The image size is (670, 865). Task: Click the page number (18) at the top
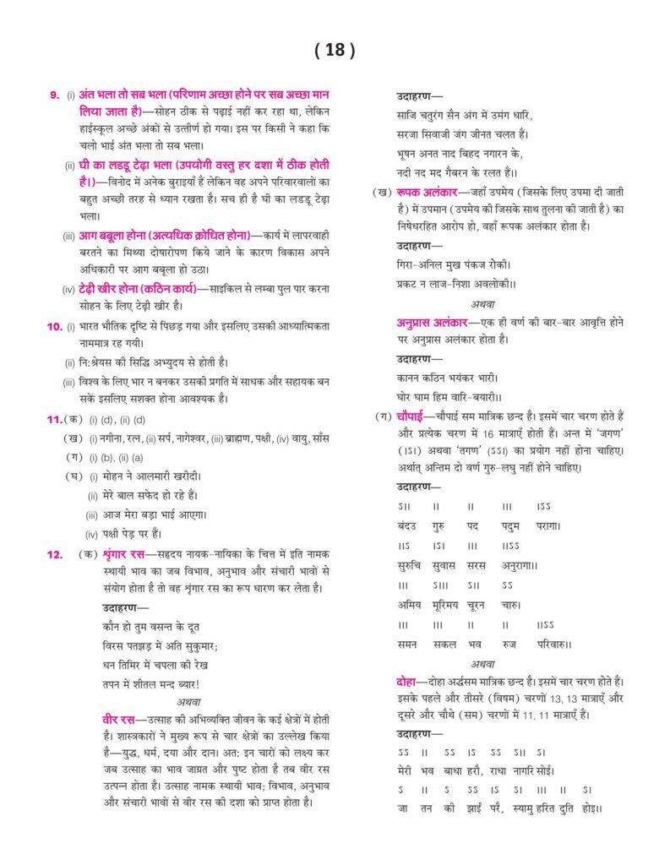pos(335,51)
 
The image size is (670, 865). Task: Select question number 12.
pos(55,554)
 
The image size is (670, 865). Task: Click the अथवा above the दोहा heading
pos(483,664)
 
